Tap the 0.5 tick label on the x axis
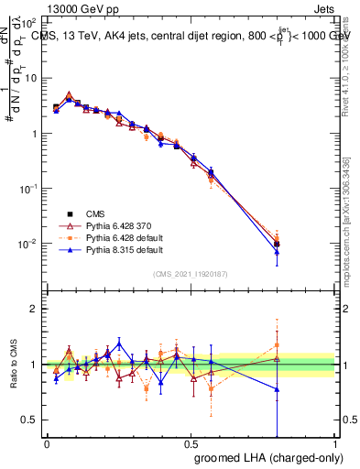pos(191,443)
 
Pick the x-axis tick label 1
pos(336,443)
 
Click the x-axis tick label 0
pos(47,443)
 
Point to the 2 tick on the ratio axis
pos(35,309)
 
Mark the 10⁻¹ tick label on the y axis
pos(27,189)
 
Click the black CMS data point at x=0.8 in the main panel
pos(277,245)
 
